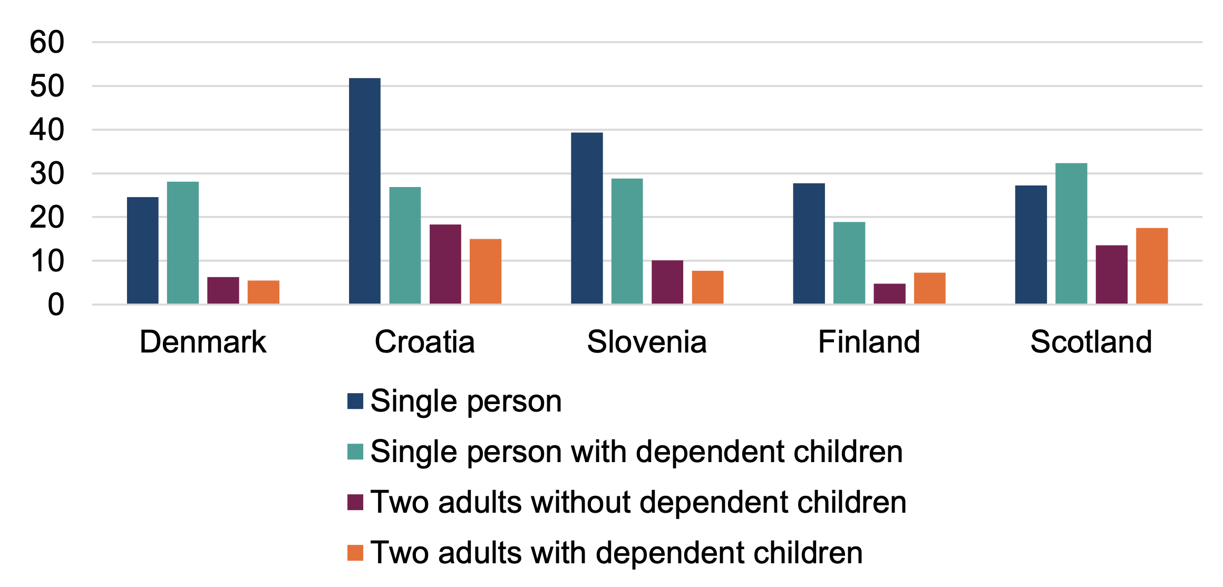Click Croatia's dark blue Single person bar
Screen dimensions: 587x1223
pyautogui.click(x=364, y=191)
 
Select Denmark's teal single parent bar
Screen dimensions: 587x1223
pyautogui.click(x=182, y=242)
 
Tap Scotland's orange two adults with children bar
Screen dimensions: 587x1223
pyautogui.click(x=1151, y=266)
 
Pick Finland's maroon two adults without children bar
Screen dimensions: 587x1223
pyautogui.click(x=889, y=293)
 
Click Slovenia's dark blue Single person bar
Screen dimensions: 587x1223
pyautogui.click(x=586, y=218)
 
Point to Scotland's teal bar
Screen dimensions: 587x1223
pyautogui.click(x=1071, y=233)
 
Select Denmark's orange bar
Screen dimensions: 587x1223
pyautogui.click(x=263, y=292)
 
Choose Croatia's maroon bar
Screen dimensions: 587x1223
pyautogui.click(x=445, y=263)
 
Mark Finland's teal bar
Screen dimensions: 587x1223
pyautogui.click(x=849, y=262)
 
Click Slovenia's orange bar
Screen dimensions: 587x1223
pyautogui.click(x=707, y=287)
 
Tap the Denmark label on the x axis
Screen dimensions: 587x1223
pyautogui.click(x=203, y=342)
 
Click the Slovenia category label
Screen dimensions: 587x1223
pyautogui.click(x=646, y=342)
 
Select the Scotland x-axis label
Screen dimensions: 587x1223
pyautogui.click(x=1091, y=342)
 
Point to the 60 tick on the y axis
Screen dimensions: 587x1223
pyautogui.click(x=46, y=42)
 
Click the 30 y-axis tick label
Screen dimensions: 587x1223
pyautogui.click(x=46, y=173)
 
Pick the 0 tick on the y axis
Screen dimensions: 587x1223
pyautogui.click(x=55, y=305)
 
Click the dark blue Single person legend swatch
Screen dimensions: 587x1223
pyautogui.click(x=355, y=401)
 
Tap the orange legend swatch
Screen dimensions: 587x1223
pyautogui.click(x=355, y=553)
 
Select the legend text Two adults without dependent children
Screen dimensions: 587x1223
pyautogui.click(x=638, y=502)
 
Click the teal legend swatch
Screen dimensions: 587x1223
pyautogui.click(x=355, y=452)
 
